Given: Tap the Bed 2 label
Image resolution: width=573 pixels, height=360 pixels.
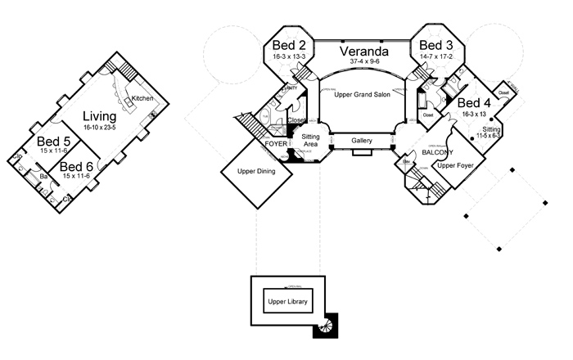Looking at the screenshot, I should click(289, 46).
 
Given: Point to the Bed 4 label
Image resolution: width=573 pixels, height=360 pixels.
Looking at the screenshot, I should click(475, 103).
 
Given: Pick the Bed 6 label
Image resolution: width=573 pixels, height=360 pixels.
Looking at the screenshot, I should click(76, 168).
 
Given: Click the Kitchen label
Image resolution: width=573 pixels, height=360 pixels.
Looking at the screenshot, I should click(142, 99).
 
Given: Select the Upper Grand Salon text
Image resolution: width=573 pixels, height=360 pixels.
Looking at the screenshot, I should click(362, 96).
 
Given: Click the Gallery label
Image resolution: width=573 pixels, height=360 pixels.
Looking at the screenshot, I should click(362, 141).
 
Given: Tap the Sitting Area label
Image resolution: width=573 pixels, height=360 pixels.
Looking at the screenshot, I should click(309, 140).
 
